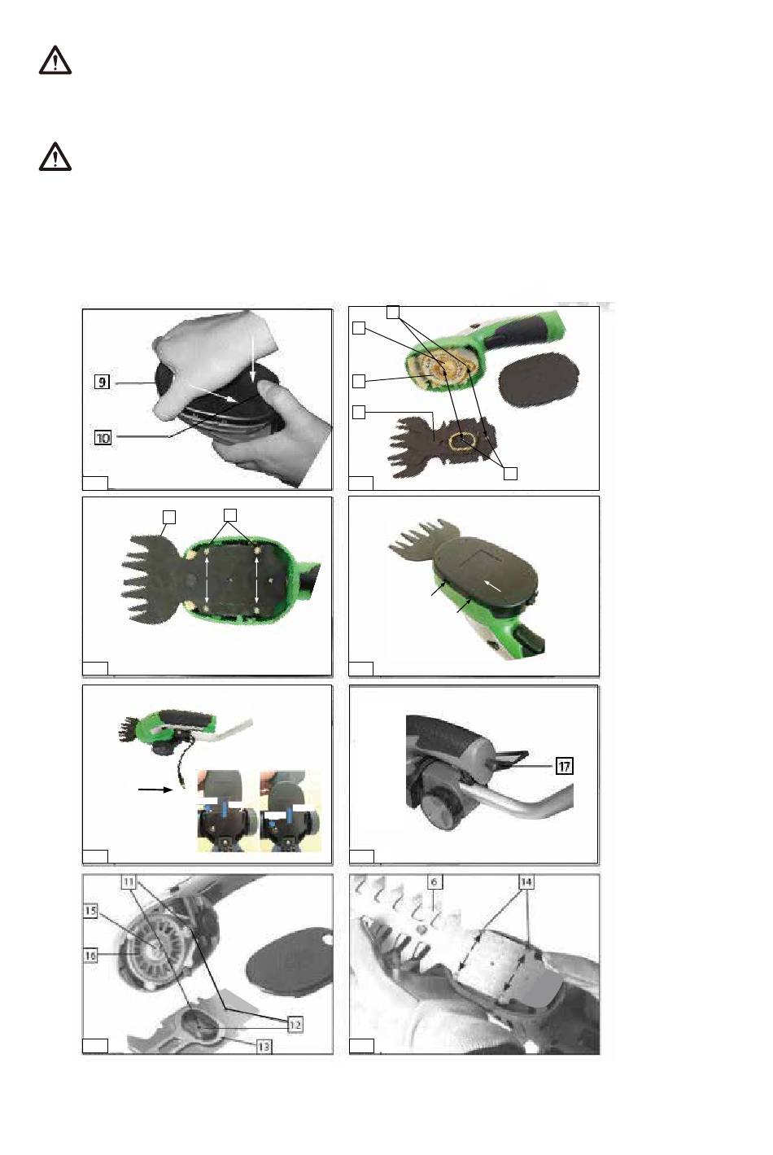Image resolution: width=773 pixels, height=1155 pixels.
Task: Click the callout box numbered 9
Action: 102,382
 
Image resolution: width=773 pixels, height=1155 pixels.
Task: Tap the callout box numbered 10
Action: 103,438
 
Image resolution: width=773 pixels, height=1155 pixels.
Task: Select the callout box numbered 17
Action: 565,766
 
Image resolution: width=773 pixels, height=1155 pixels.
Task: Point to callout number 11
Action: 129,882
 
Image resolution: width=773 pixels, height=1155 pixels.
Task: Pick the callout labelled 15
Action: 90,911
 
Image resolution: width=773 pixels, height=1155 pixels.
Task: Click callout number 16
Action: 90,956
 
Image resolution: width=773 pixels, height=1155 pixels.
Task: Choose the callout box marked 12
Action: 295,1025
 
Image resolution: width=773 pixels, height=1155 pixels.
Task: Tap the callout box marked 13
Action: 264,1047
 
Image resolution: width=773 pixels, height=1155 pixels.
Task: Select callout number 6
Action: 434,882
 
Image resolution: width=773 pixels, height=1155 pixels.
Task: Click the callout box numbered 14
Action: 526,882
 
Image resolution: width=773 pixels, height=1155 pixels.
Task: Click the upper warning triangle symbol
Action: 55,60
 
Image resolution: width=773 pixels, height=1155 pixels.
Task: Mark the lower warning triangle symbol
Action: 55,157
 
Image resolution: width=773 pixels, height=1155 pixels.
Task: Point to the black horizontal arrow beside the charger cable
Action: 155,789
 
